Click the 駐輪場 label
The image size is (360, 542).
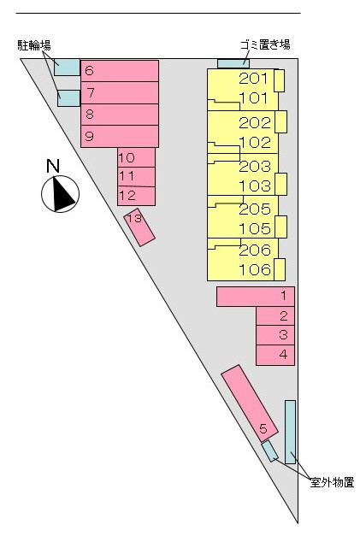point(34,45)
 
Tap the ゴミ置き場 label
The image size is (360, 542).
point(265,44)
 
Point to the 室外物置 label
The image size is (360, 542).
point(332,482)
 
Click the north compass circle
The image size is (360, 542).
point(60,194)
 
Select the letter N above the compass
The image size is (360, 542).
point(53,166)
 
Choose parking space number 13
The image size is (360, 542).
point(139,227)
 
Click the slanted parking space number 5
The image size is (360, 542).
point(250,403)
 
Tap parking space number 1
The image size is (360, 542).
point(256,297)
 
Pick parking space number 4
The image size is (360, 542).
point(275,355)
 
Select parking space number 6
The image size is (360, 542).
point(120,71)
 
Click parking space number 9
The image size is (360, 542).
point(120,136)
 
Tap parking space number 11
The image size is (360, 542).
point(136,177)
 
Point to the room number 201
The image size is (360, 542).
point(253,79)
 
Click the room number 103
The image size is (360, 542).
point(255,186)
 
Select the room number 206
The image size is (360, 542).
point(255,250)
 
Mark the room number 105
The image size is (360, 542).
point(255,228)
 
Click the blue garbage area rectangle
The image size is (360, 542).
point(233,63)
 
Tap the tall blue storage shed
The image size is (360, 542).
point(290,432)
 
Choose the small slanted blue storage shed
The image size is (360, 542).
point(269,451)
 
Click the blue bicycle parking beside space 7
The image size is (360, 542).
point(68,98)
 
